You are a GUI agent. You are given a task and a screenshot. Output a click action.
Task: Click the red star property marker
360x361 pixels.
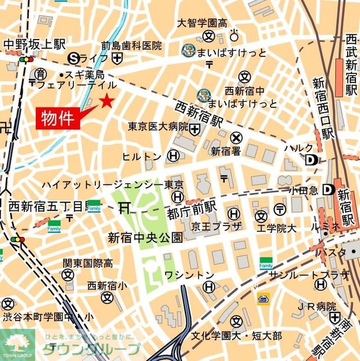(x=106, y=102)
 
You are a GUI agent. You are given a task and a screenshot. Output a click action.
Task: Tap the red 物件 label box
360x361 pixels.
(x=58, y=118)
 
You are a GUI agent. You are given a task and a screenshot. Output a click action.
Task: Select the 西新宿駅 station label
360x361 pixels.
(x=199, y=114)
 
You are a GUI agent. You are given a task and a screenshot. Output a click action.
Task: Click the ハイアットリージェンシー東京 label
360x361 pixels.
(x=113, y=185)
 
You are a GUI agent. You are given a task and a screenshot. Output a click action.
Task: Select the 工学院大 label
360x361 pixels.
(x=277, y=228)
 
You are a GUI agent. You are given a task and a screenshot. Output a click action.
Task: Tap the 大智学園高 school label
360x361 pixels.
(x=202, y=24)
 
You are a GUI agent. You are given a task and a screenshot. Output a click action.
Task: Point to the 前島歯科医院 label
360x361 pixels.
(x=131, y=46)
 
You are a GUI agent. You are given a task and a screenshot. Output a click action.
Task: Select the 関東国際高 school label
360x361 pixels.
(x=87, y=263)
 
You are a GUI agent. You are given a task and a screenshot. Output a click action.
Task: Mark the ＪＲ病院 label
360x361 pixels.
(x=317, y=307)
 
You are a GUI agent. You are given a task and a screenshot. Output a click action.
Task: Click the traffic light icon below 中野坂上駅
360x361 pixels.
(x=26, y=59)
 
